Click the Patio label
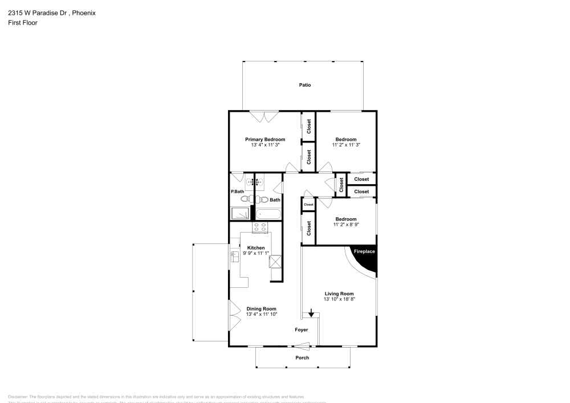point(305,85)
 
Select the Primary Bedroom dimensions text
point(265,145)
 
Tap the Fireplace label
point(364,251)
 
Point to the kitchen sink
point(235,257)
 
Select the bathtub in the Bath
point(268,215)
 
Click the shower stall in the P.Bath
point(240,214)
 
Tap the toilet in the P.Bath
point(245,200)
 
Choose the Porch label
point(302,358)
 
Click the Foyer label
point(301,330)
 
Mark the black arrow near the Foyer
point(312,313)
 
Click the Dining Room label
point(261,308)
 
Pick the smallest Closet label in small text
point(308,204)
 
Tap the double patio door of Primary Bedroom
point(264,116)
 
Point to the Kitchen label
point(255,247)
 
